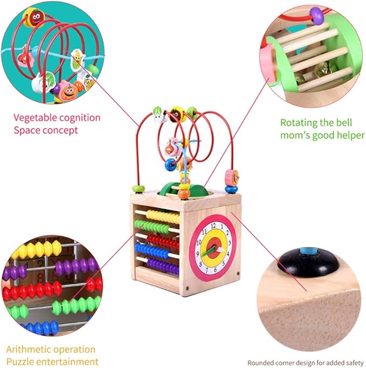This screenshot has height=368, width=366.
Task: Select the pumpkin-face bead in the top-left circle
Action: [67, 92]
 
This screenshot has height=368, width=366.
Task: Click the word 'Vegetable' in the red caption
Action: [34, 117]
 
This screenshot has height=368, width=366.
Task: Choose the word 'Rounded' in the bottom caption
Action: [262, 363]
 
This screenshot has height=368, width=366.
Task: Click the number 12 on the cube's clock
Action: [214, 225]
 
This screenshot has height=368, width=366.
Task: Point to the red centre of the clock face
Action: [214, 248]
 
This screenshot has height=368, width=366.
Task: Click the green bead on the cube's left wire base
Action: [139, 189]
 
